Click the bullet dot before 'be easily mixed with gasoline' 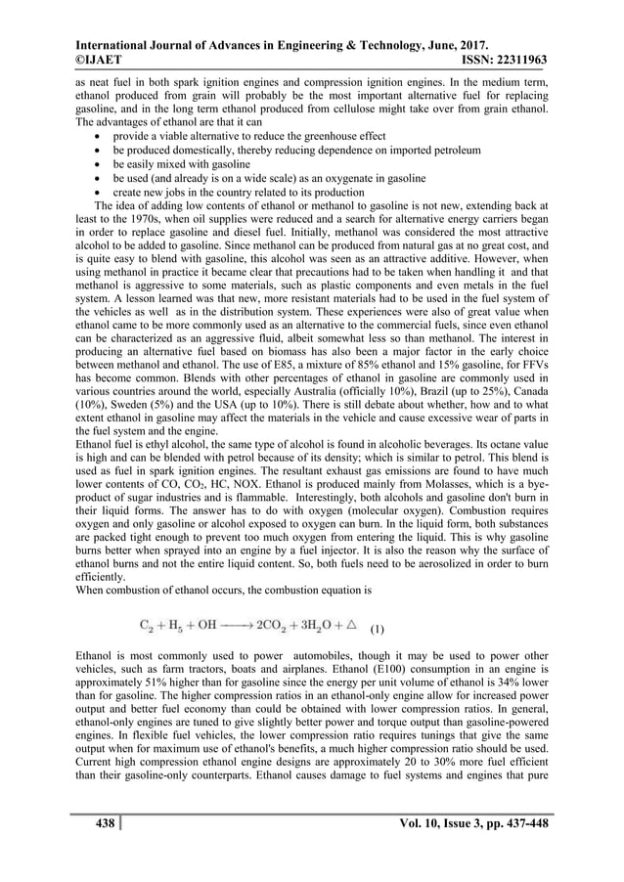(101, 165)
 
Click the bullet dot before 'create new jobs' (101, 193)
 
